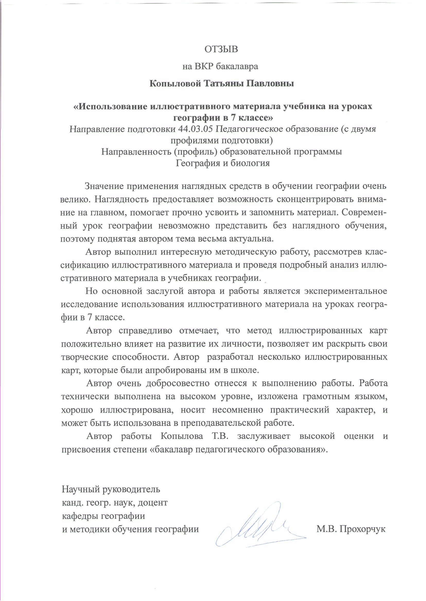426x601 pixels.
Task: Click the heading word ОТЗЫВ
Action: [x=221, y=49]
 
